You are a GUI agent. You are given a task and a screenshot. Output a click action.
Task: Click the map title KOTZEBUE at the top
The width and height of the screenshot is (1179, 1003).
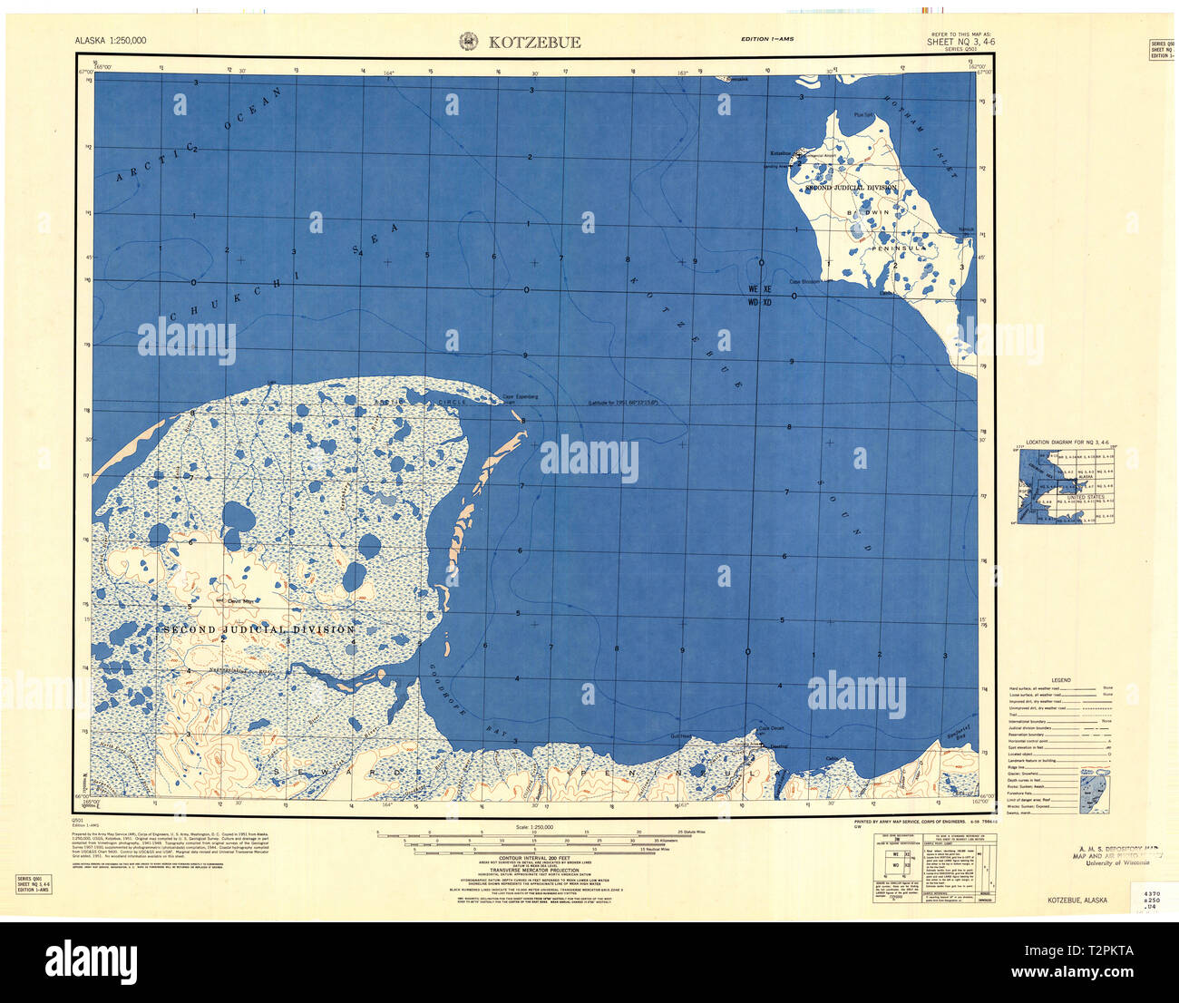tap(535, 42)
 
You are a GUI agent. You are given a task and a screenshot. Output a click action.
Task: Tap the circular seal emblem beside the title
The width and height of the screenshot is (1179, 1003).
tap(469, 41)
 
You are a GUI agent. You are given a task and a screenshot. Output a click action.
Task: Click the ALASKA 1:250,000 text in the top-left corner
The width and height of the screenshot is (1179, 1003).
tap(111, 41)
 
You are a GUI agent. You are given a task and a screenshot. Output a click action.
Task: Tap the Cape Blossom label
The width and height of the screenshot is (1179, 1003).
tap(804, 281)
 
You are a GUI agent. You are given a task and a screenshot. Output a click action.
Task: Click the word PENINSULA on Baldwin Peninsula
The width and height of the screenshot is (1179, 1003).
tap(900, 248)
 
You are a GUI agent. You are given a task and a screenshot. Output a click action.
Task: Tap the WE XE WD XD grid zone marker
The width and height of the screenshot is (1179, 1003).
tap(759, 296)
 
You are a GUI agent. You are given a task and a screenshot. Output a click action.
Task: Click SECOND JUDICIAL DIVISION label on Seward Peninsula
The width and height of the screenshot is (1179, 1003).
tap(258, 629)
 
